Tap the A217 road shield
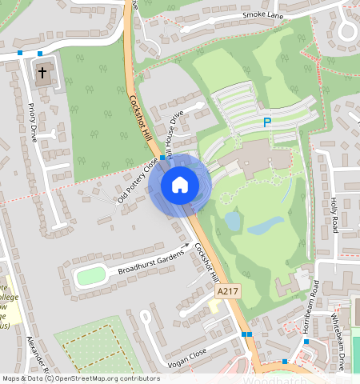click(228, 294)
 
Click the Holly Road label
click(333, 214)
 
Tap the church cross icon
click(43, 74)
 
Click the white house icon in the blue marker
click(180, 185)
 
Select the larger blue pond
click(265, 226)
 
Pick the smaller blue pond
click(232, 220)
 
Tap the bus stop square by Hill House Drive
click(162, 158)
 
